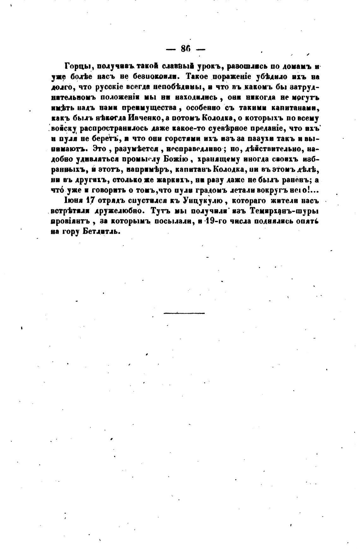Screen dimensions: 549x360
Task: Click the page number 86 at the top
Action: [x=186, y=49]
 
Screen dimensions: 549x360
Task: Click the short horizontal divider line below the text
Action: [x=184, y=313]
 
